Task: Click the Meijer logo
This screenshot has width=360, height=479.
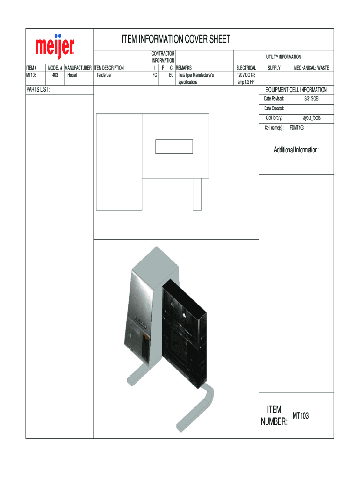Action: pyautogui.click(x=55, y=46)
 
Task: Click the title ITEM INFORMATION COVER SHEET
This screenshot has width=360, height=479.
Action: pyautogui.click(x=176, y=39)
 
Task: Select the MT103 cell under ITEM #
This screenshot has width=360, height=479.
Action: pyautogui.click(x=32, y=75)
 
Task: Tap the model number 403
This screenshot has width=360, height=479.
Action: pyautogui.click(x=55, y=75)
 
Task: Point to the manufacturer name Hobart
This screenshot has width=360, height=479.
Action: pyautogui.click(x=72, y=75)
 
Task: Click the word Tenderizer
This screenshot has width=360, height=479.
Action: pyautogui.click(x=104, y=75)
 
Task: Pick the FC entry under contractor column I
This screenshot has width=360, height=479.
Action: pyautogui.click(x=154, y=75)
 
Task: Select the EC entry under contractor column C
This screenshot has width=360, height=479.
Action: pyautogui.click(x=171, y=75)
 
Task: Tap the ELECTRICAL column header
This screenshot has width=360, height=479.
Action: pyautogui.click(x=246, y=68)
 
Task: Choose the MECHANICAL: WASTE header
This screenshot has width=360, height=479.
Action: pyautogui.click(x=311, y=68)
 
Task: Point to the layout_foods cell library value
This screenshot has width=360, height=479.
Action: pyautogui.click(x=311, y=118)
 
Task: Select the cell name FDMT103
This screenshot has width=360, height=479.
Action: pyautogui.click(x=297, y=127)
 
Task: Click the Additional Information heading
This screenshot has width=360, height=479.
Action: pyautogui.click(x=296, y=150)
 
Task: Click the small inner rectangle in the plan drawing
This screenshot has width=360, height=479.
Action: pyautogui.click(x=174, y=147)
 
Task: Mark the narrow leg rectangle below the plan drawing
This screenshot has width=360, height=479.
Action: pyautogui.click(x=197, y=194)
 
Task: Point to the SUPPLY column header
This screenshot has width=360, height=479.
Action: pyautogui.click(x=274, y=68)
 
